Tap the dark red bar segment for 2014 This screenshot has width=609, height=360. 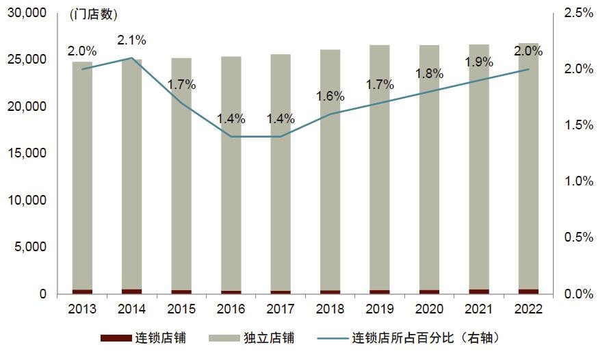[131, 291]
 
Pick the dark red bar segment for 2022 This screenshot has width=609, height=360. [528, 291]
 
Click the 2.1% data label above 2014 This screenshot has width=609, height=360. [131, 40]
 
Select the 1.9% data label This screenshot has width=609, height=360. [478, 62]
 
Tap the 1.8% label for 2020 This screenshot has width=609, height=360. [429, 73]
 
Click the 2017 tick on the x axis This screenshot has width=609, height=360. [280, 309]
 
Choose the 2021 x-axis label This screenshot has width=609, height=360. [478, 309]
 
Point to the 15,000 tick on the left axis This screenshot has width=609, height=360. [28, 153]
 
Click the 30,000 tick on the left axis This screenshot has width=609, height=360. [28, 13]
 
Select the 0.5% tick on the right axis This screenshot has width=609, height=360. [579, 237]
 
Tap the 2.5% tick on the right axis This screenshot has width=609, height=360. [579, 13]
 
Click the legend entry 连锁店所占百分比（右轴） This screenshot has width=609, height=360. [418, 338]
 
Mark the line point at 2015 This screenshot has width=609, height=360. [181, 103]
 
